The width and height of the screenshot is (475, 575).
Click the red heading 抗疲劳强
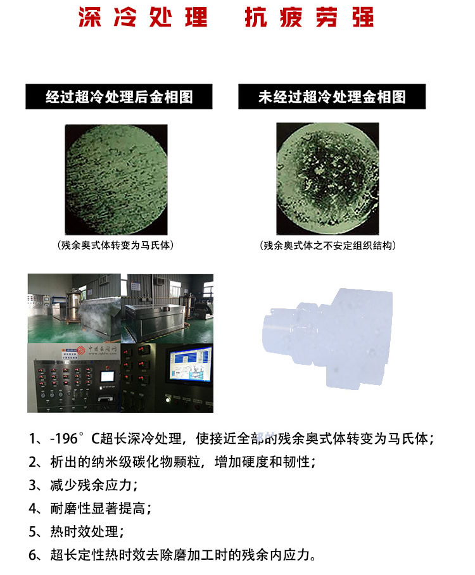pos(309,18)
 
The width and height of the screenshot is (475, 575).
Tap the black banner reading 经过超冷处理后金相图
pos(120,96)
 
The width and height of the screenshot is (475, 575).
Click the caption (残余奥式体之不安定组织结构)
pos(331,244)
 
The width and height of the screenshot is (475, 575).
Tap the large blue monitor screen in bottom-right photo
pos(191,369)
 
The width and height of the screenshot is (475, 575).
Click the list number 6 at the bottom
pos(34,555)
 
